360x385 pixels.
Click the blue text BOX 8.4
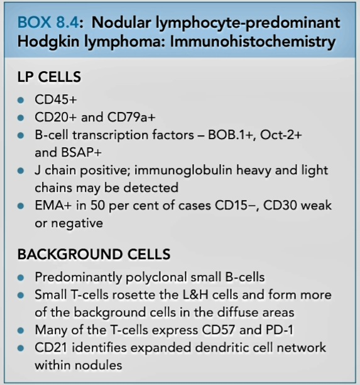point(48,23)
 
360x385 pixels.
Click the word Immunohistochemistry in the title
point(253,42)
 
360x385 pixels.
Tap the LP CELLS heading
point(49,77)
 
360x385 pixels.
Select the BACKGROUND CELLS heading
point(94,254)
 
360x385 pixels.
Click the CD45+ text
point(56,99)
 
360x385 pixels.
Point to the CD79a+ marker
point(131,117)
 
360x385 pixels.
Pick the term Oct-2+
point(281,135)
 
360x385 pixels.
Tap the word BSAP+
point(81,152)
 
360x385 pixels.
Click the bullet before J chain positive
point(21,170)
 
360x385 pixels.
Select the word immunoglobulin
point(183,170)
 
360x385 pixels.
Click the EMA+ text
point(53,205)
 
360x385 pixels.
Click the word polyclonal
point(156,277)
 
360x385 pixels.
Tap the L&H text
point(196,294)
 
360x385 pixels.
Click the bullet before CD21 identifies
point(21,348)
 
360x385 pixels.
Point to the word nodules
point(99,365)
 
